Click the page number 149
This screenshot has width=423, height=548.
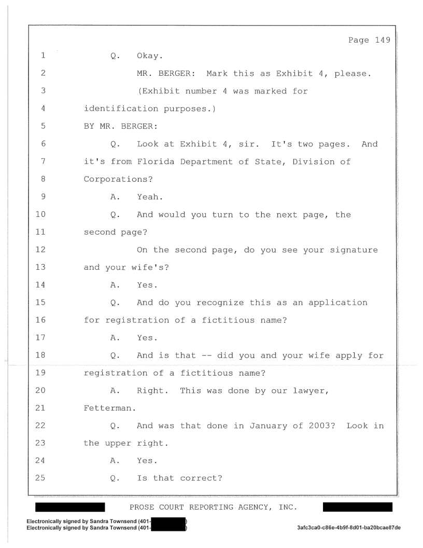click(383, 40)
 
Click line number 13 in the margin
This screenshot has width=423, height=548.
click(40, 267)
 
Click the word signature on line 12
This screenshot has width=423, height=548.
click(354, 250)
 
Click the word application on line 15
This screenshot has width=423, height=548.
click(338, 303)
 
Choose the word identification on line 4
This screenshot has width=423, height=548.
click(121, 108)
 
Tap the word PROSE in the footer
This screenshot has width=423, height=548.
click(142, 507)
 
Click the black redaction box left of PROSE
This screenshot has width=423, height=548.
click(70, 507)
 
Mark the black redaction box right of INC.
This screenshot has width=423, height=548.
click(357, 507)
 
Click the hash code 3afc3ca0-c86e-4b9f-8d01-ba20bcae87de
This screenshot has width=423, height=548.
click(349, 528)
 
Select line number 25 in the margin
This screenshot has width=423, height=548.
click(40, 478)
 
